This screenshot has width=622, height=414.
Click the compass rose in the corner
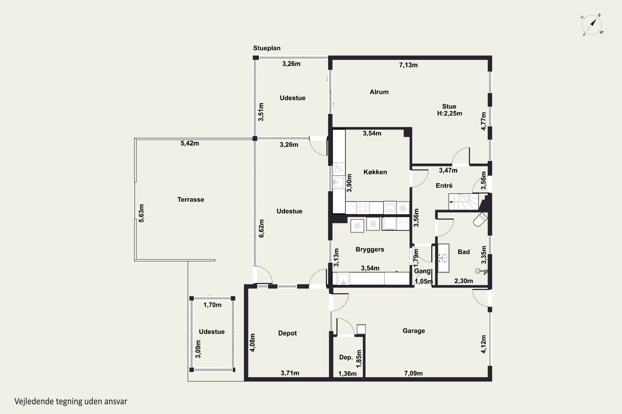592,25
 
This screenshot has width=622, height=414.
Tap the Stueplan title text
267,48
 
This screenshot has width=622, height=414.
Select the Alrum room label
379,92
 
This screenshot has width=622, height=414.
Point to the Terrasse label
191,199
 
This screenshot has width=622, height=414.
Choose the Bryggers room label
370,249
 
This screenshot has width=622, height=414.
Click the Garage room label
414,331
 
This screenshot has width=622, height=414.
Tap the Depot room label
287,333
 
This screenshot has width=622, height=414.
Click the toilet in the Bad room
480,220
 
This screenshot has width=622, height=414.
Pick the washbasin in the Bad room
443,258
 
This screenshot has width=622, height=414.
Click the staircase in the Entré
463,202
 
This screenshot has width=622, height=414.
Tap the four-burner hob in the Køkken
363,208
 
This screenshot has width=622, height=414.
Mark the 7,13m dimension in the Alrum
408,65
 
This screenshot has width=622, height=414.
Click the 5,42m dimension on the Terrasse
190,143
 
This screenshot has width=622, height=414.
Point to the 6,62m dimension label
261,228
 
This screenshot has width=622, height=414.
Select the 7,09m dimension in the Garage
413,373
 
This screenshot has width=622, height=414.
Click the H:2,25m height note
449,113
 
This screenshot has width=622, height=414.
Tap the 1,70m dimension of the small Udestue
212,305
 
